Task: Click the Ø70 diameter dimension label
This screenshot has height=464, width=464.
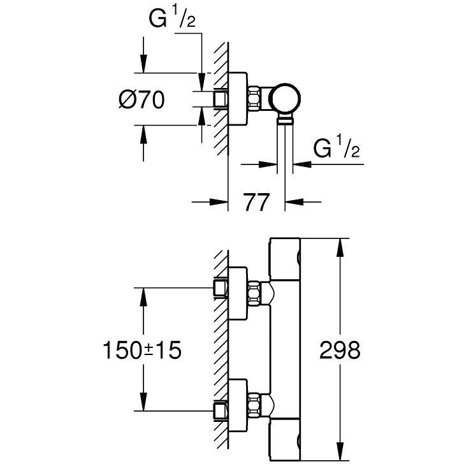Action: [x=141, y=100]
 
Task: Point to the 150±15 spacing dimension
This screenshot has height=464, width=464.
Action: [x=141, y=350]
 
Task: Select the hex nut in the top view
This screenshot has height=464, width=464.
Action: [x=256, y=99]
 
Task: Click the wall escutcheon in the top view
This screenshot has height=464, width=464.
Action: [x=237, y=99]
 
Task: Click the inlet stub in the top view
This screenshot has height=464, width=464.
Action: [x=221, y=99]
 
